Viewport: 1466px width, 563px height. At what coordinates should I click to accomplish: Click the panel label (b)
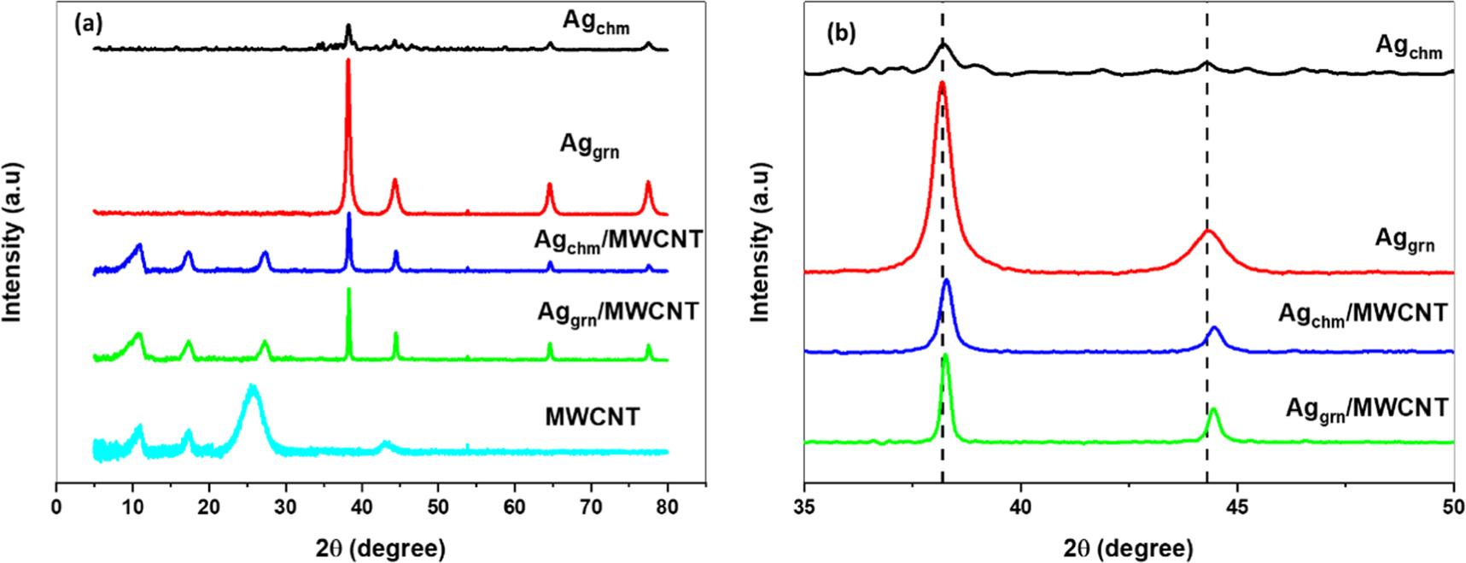841,32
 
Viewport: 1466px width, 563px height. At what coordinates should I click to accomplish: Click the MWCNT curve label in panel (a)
592,417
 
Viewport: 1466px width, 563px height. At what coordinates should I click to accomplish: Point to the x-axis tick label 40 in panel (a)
362,507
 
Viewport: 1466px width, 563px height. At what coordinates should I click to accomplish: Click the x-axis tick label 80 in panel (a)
667,507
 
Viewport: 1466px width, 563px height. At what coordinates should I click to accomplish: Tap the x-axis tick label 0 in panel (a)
56,507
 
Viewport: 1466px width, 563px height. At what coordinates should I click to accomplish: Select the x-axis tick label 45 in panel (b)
1236,507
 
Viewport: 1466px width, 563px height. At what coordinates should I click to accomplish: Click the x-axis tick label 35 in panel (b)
804,507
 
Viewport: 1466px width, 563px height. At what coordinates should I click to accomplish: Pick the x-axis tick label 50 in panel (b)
1452,507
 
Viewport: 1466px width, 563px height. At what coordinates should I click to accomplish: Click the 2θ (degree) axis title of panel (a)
380,548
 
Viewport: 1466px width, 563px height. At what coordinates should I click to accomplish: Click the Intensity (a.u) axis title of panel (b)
759,243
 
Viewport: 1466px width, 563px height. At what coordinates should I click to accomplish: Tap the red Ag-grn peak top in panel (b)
942,85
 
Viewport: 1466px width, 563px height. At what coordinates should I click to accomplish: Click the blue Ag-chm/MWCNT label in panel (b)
1362,314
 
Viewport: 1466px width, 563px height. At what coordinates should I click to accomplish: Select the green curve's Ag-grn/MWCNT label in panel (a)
617,313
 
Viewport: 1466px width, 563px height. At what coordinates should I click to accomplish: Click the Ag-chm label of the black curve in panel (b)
1408,46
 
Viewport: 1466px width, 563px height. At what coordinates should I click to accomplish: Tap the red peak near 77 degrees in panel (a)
648,184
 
